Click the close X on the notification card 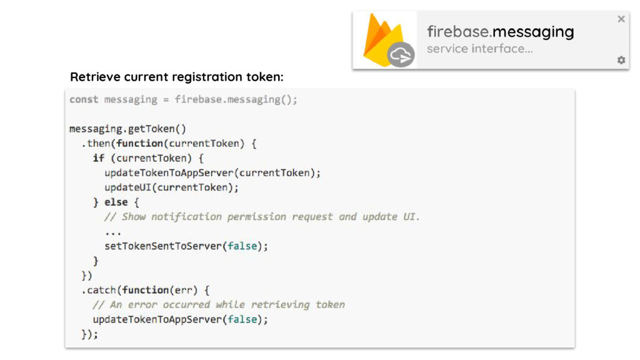point(621,19)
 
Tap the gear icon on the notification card point(621,60)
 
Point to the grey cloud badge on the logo point(400,55)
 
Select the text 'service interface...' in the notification point(479,49)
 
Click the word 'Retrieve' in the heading point(95,77)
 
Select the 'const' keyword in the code point(84,99)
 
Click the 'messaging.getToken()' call point(127,129)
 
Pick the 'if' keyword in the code point(98,158)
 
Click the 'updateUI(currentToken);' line point(171,187)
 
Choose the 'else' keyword point(116,202)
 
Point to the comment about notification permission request point(262,217)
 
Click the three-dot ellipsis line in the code point(113,231)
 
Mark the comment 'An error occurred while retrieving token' point(219,305)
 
